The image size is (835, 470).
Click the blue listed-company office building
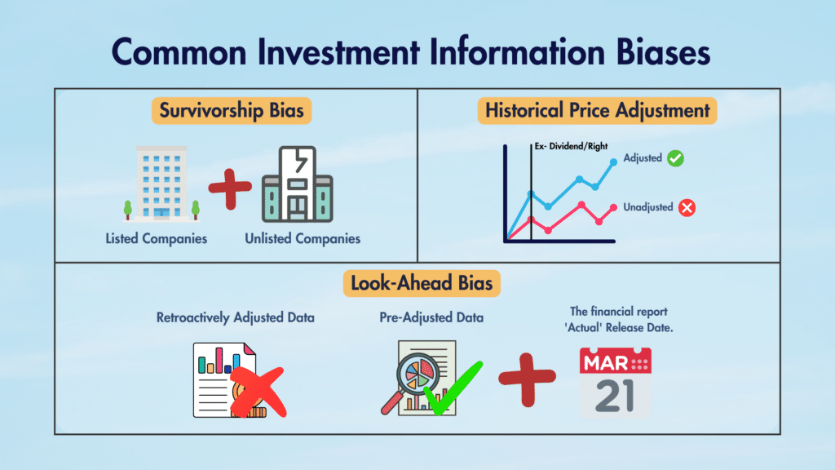(161, 183)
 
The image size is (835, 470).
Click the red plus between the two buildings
(230, 187)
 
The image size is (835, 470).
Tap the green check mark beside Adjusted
(675, 158)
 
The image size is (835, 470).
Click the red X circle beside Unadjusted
(687, 207)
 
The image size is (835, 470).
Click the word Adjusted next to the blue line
(642, 158)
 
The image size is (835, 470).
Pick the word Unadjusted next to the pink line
(647, 207)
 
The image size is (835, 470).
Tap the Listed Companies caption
(156, 239)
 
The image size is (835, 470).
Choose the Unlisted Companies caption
(303, 239)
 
